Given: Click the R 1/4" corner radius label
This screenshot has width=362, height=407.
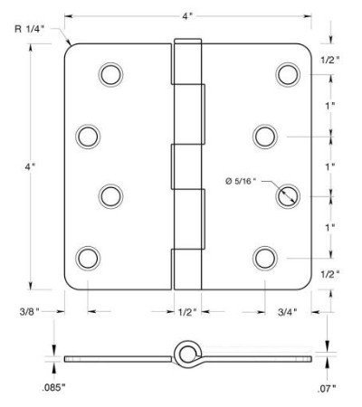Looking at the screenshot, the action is [x=30, y=29].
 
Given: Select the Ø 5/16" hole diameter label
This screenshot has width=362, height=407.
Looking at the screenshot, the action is [x=241, y=181].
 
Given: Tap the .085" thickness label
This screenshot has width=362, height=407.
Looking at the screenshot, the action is [x=54, y=387].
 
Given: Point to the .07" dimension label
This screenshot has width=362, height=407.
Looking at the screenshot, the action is [x=327, y=389].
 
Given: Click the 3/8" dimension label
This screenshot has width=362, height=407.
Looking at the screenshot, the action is [x=30, y=311].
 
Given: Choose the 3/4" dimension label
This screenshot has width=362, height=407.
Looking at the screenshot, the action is [x=288, y=312].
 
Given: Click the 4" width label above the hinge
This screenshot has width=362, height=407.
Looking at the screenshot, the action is [x=187, y=16].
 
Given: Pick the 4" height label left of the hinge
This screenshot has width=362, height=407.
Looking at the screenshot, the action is [x=30, y=166].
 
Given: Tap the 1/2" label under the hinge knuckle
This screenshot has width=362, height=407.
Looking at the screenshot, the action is [x=187, y=312].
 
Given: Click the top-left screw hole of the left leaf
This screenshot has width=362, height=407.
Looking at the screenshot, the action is [x=110, y=75].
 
